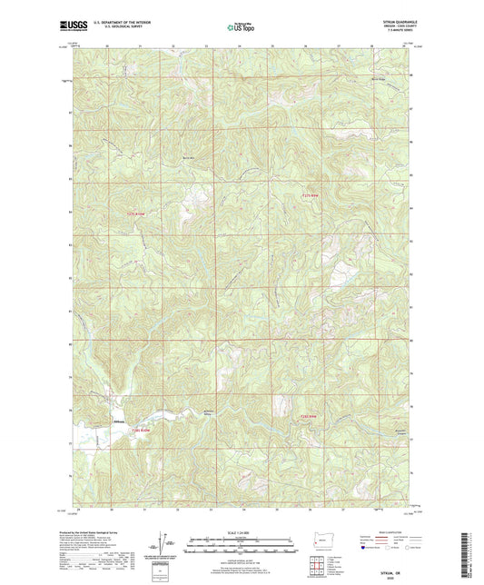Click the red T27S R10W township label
pyautogui.click(x=134, y=214)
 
